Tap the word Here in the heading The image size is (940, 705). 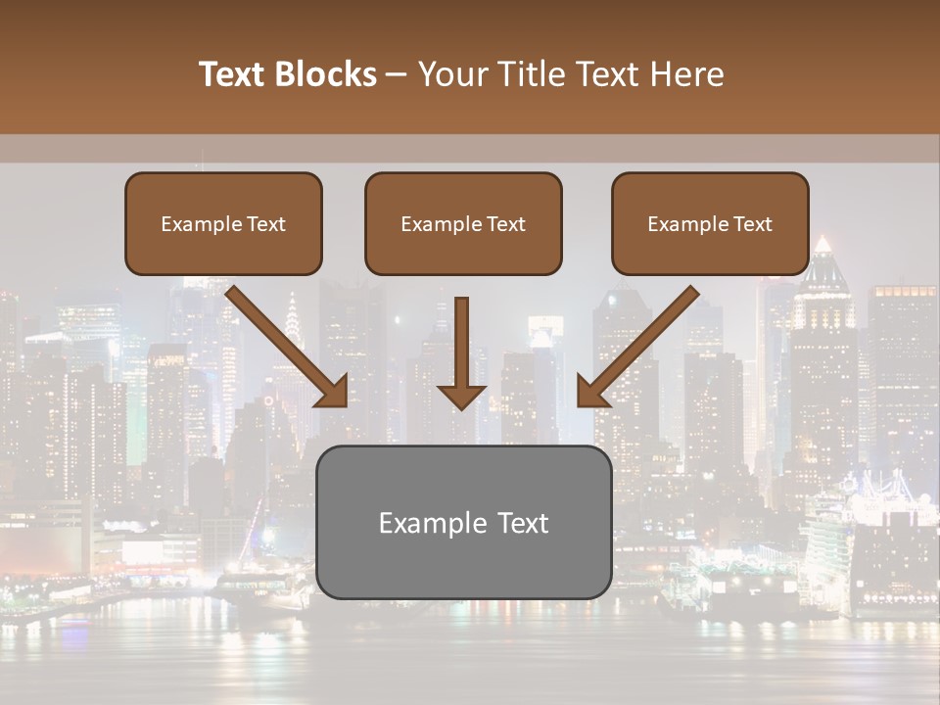click(x=686, y=74)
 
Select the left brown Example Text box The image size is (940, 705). click(x=223, y=223)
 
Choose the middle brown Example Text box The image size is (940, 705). click(x=463, y=223)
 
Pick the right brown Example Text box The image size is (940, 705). click(x=710, y=223)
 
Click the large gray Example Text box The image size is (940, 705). click(x=463, y=522)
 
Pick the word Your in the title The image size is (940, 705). click(x=452, y=74)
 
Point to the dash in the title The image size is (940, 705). click(x=397, y=75)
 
